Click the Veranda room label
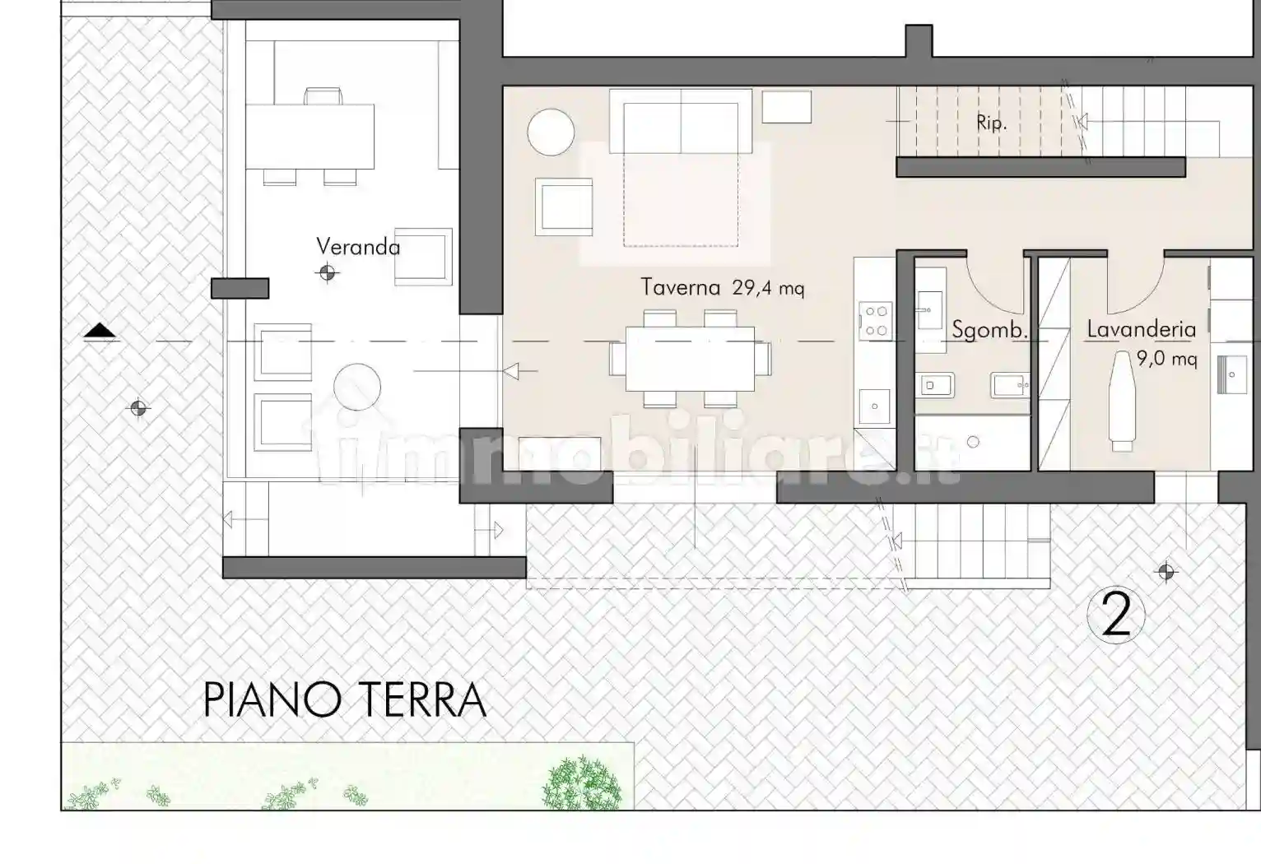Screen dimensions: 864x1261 pos(358,247)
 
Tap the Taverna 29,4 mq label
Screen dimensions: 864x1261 pos(722,287)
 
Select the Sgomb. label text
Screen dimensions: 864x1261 pos(989,331)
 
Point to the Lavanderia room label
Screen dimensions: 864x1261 pos(1141,329)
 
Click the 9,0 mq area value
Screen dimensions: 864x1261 pos(1166,359)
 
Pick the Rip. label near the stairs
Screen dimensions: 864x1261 pos(991,123)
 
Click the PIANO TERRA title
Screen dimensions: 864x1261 pos(344,700)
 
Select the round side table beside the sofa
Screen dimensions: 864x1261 pos(551,132)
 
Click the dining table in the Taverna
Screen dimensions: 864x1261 pos(690,359)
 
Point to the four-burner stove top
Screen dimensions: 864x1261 pos(875,321)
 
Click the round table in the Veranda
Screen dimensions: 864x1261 pos(357,387)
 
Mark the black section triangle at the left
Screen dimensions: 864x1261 pos(100,331)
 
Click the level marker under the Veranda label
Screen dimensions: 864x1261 pos(328,272)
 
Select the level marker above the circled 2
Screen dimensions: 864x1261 pos(1166,571)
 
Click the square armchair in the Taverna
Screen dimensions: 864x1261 pos(564,207)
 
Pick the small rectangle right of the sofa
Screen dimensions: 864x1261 pos(786,107)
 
